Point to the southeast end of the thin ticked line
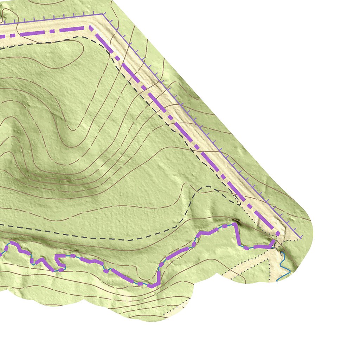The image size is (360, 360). click(301, 238)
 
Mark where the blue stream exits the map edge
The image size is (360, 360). click(278, 280)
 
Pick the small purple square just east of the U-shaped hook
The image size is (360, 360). click(73, 256)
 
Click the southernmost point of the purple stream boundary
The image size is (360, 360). click(152, 286)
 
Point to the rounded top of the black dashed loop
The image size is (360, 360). click(207, 187)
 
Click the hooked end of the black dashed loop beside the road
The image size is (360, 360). click(239, 203)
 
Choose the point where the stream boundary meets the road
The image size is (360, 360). click(274, 241)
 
